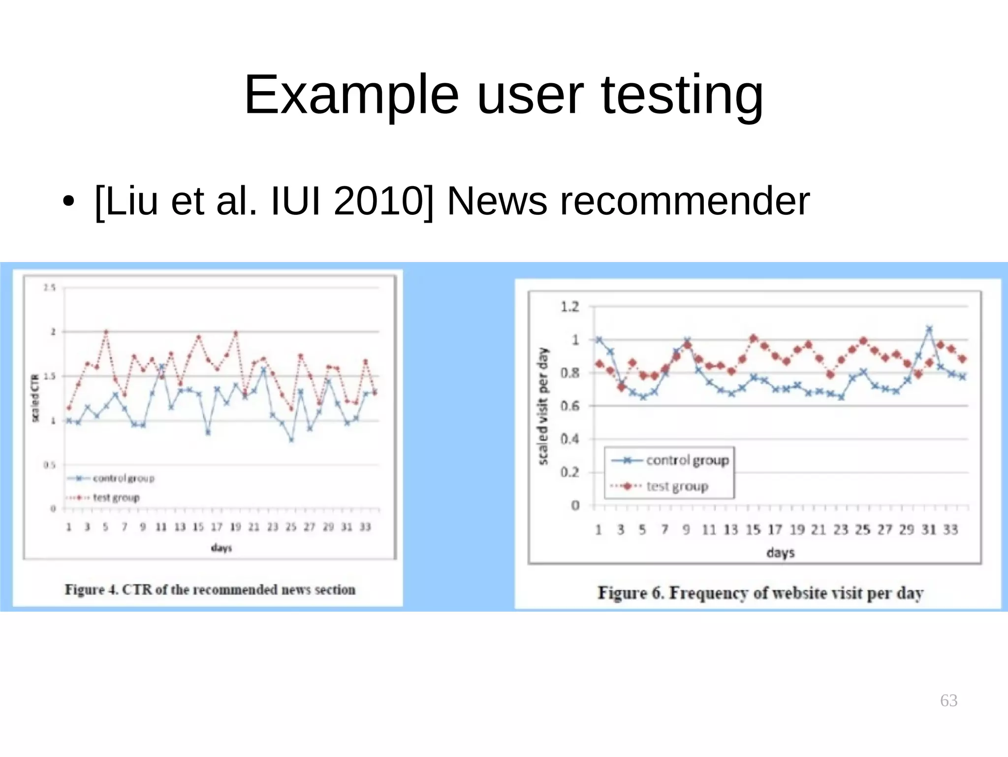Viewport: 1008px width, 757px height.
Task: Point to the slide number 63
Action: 948,700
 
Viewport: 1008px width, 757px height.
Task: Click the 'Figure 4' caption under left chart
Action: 210,590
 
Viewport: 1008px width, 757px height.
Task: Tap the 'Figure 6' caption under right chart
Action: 760,592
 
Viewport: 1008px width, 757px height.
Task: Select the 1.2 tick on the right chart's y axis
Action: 570,307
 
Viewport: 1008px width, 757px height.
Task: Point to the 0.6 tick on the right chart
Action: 570,406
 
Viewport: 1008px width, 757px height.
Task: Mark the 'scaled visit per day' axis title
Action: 543,406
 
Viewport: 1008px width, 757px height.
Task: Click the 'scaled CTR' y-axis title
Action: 35,398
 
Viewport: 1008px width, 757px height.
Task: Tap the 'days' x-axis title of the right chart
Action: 781,553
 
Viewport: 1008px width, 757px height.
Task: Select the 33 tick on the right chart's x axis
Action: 950,530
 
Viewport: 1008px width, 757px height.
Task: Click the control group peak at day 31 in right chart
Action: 929,329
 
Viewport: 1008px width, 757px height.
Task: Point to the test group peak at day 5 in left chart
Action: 106,332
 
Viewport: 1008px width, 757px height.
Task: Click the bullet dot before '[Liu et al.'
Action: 68,202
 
